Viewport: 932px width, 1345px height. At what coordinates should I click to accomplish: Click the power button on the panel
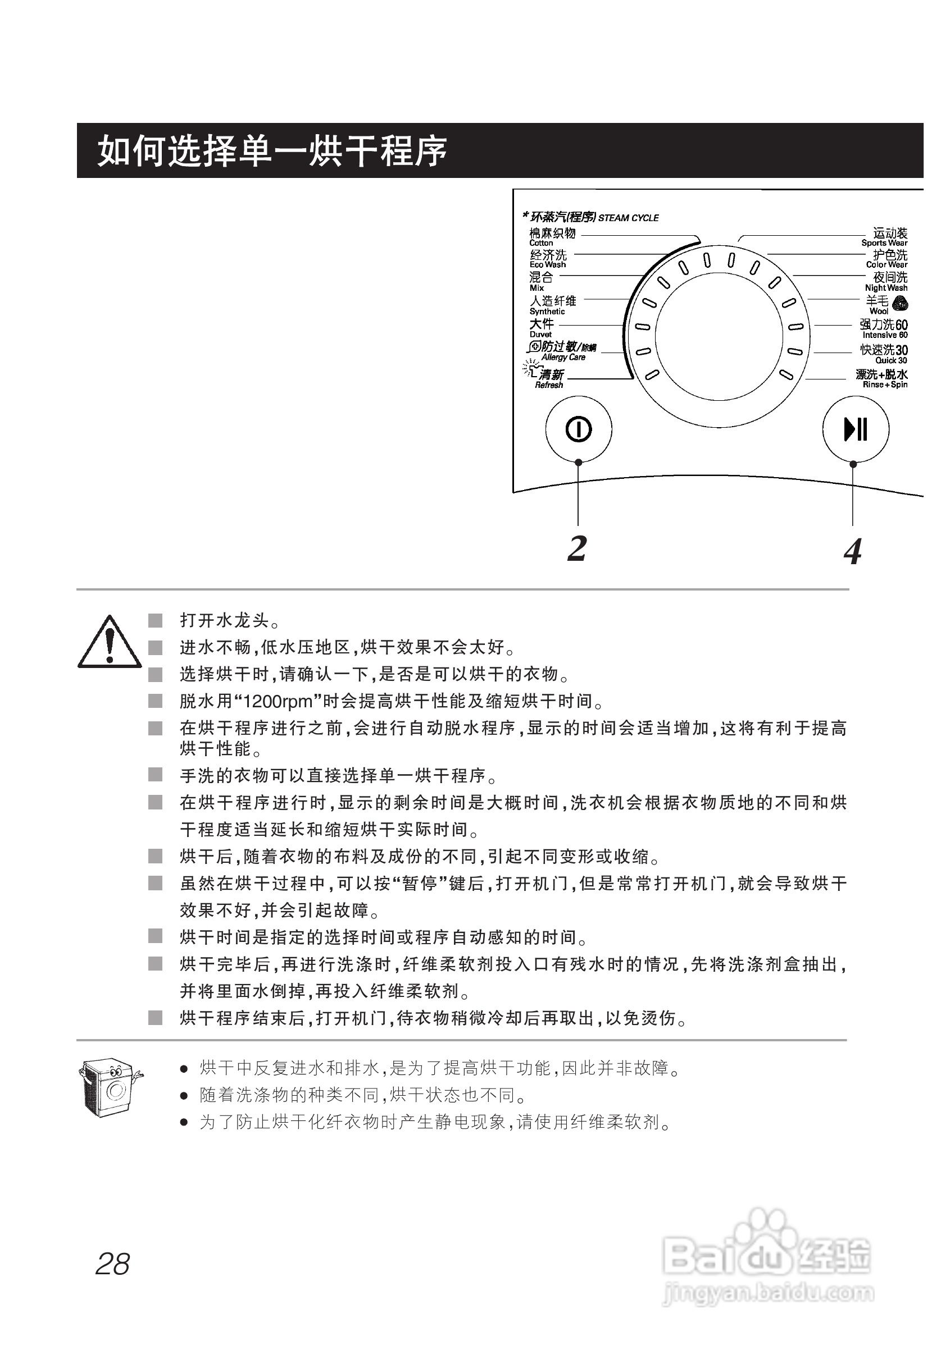[x=578, y=429]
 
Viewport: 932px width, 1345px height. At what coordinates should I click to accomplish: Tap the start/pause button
[x=856, y=429]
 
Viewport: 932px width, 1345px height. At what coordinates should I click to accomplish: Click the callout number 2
[x=577, y=548]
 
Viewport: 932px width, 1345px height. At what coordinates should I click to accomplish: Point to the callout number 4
[x=853, y=551]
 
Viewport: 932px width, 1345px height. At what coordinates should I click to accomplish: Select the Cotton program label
[x=552, y=236]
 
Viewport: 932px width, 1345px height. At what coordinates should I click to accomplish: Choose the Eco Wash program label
[x=548, y=258]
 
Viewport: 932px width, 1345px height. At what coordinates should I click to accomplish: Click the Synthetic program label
[x=552, y=305]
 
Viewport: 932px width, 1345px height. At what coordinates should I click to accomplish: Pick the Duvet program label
[x=542, y=327]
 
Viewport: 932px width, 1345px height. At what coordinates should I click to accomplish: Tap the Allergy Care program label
[x=562, y=351]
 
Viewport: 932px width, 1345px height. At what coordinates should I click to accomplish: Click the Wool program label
[x=879, y=304]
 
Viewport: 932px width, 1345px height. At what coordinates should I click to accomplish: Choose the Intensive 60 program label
[x=884, y=328]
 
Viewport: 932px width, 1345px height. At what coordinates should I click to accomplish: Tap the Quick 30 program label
[x=884, y=353]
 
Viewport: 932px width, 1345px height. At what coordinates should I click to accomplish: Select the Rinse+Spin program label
[x=882, y=378]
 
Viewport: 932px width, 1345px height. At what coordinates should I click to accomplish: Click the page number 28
[x=112, y=1265]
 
